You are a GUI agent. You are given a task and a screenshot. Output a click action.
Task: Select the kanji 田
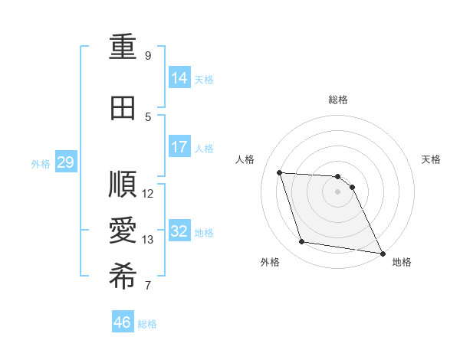coord(123,108)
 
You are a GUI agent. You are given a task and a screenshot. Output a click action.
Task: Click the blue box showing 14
coord(179,78)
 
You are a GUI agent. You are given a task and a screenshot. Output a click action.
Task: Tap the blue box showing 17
coord(179,147)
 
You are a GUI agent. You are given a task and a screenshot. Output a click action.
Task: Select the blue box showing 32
coord(179,231)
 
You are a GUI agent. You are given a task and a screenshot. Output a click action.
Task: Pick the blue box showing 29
coord(65,162)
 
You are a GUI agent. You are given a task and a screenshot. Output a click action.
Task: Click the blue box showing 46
coord(123,322)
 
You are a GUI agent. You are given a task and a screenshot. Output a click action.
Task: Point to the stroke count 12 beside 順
coord(148,194)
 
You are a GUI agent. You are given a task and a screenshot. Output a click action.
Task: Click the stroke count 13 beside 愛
coord(148,240)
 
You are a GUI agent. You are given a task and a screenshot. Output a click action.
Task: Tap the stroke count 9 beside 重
coord(148,56)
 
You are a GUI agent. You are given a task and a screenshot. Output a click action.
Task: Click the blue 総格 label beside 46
coord(147,324)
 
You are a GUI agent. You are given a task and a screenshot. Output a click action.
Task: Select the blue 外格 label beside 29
coord(40,163)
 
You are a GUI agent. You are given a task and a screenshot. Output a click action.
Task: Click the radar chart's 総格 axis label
coord(338,100)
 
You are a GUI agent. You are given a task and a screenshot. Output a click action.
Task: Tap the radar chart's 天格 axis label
coord(432,159)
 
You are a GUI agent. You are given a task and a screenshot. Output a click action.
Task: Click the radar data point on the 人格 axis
coord(279,172)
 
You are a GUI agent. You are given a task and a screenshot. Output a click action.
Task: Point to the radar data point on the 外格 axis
coord(302,242)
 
